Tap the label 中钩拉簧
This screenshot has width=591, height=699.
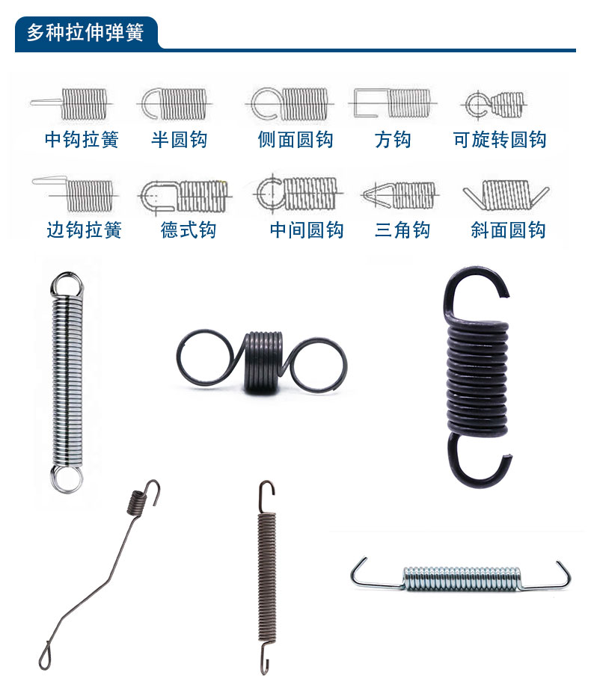tap(82, 140)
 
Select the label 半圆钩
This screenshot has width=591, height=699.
tap(180, 140)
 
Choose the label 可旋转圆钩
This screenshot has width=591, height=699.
tap(500, 140)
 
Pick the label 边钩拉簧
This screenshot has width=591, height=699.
tap(84, 230)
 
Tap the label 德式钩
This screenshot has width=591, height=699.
tap(189, 230)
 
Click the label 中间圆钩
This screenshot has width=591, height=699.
tap(307, 230)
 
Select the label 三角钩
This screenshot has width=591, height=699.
tap(402, 230)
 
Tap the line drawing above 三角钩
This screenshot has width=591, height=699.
tap(397, 195)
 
